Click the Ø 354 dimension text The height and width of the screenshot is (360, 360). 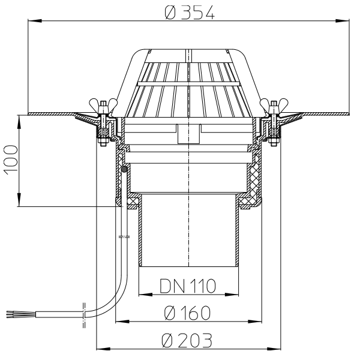(x=190, y=13)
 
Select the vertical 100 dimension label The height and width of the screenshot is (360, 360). (x=11, y=160)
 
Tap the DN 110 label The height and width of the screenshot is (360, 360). (x=188, y=286)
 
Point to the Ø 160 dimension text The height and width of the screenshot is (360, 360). (x=187, y=313)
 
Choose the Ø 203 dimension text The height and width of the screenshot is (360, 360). (x=187, y=340)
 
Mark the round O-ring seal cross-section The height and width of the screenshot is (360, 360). (x=124, y=169)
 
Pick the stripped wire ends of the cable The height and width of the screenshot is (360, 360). (x=21, y=314)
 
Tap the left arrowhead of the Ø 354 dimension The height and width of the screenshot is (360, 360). (x=35, y=20)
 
